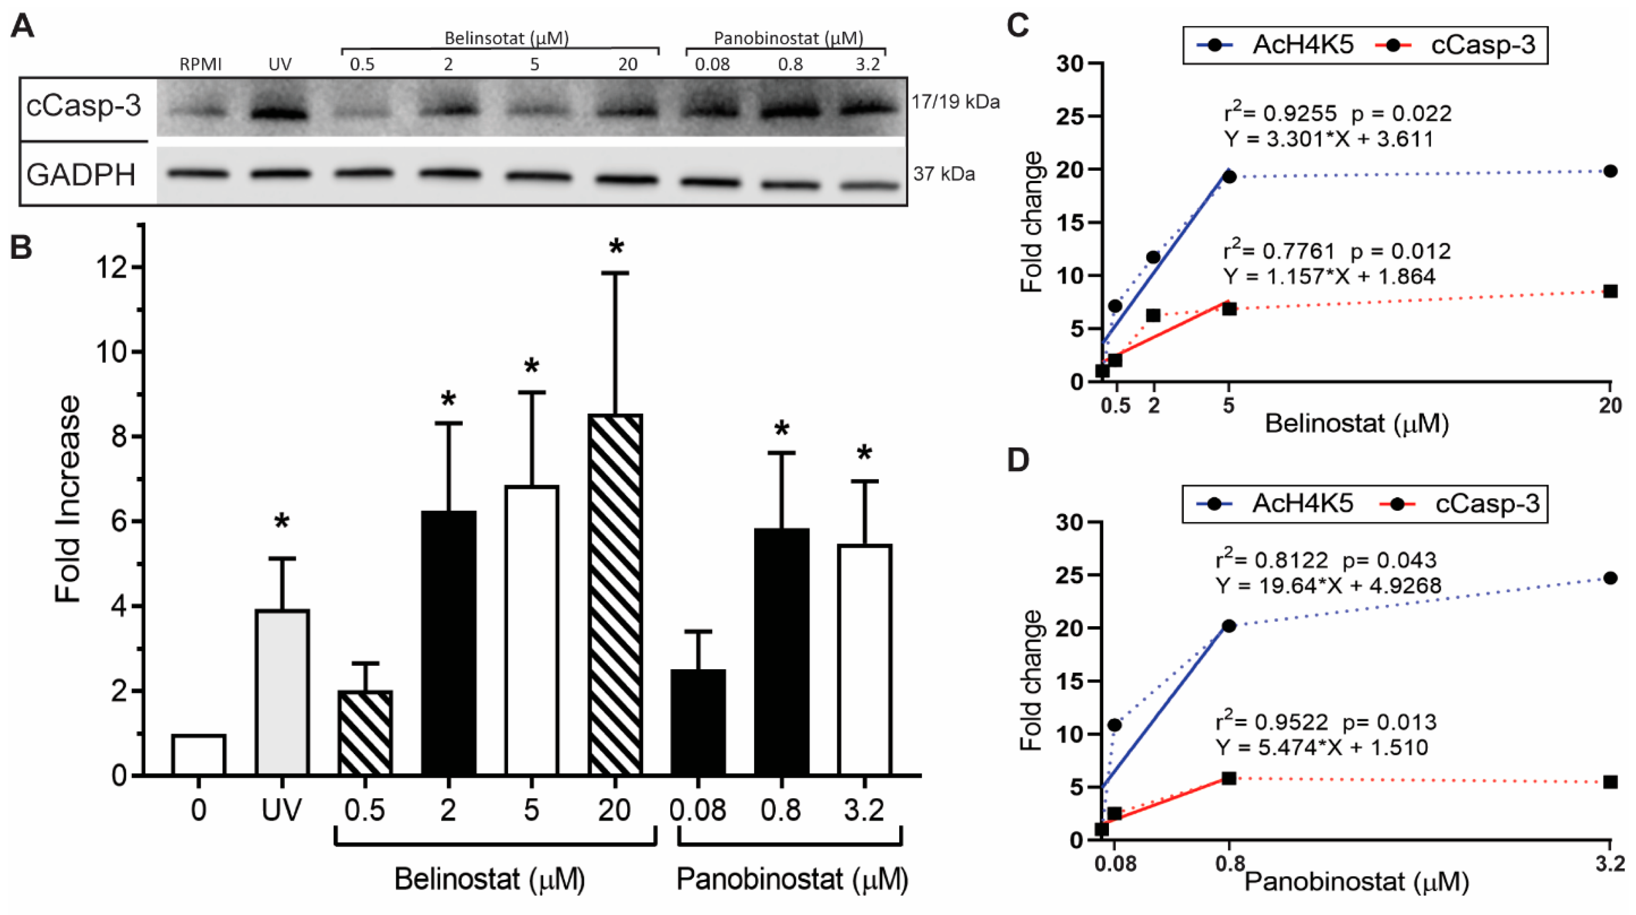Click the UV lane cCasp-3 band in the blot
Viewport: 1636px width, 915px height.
[280, 114]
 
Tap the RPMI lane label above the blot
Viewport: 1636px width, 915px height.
[200, 65]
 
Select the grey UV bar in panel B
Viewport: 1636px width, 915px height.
[282, 692]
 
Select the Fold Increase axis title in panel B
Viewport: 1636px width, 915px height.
[68, 499]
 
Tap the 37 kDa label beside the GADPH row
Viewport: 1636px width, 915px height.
[944, 174]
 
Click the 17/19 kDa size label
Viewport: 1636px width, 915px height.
[955, 102]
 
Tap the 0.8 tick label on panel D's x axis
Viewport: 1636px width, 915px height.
[1229, 864]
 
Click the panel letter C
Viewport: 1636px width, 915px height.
[1019, 27]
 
